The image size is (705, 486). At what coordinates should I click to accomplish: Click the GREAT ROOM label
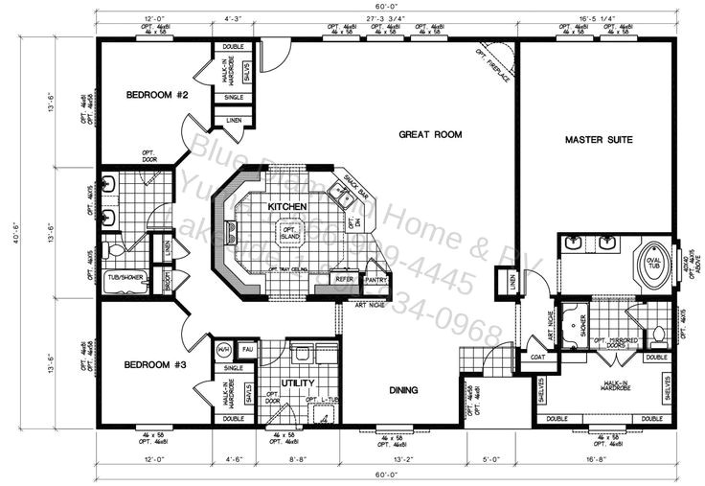point(430,135)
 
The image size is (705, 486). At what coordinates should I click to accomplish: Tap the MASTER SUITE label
point(599,140)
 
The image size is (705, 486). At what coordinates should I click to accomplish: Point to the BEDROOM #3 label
point(153,365)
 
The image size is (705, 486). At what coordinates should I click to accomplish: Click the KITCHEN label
point(287,207)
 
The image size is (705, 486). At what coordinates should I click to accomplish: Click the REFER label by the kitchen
point(346,280)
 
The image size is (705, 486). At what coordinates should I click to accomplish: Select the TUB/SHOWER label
point(125,277)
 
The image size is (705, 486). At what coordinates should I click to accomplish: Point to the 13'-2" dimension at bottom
point(402,460)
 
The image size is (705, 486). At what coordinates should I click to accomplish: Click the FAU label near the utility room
point(246,349)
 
